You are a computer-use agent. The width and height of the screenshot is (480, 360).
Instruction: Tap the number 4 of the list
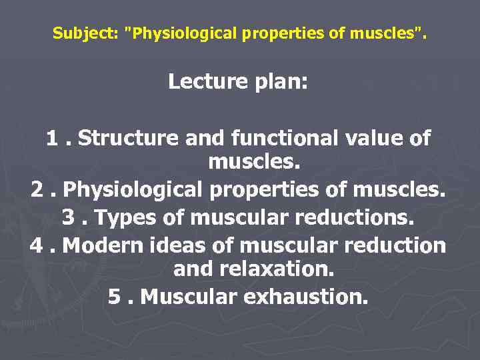(x=38, y=245)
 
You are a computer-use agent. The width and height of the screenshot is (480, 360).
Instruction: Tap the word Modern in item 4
(x=102, y=245)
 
